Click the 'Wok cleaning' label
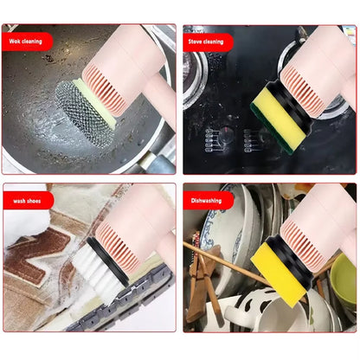(26, 41)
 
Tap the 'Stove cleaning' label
(206, 41)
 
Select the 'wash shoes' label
(26, 200)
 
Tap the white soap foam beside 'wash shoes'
(19, 227)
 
